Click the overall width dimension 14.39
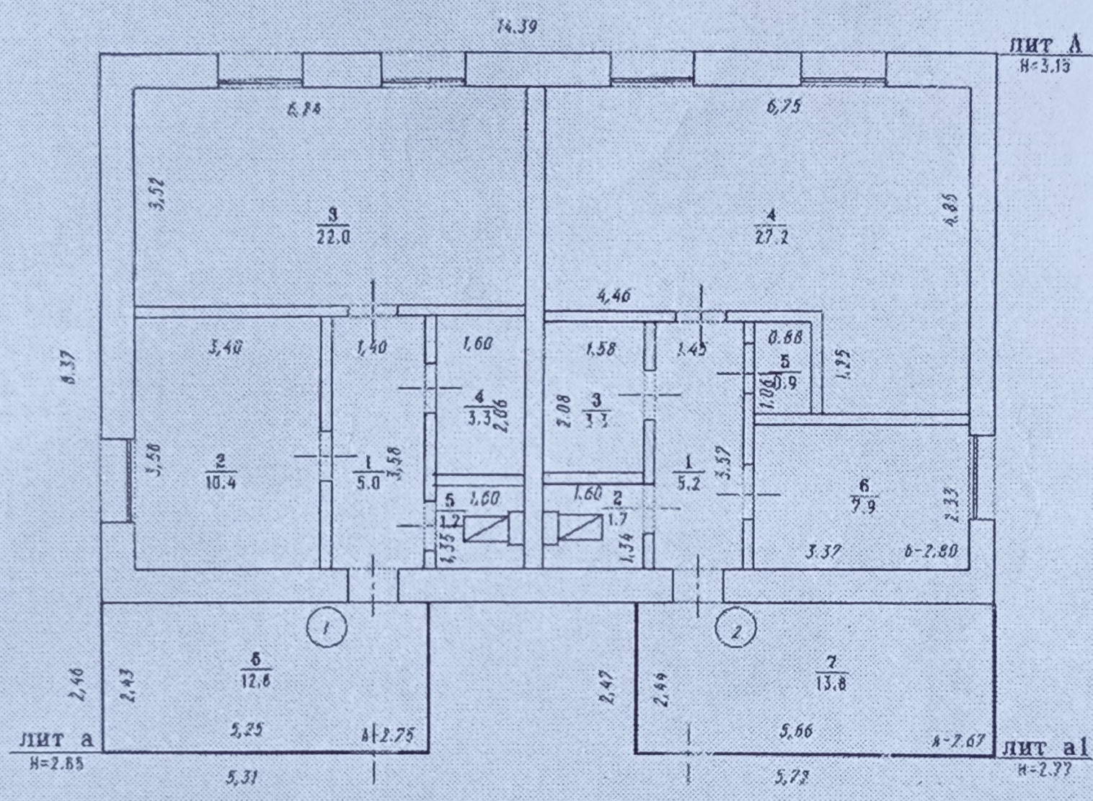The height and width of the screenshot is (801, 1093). coord(517,28)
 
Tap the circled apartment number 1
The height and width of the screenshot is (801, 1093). coord(326,627)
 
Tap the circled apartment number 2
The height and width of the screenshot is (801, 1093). coord(735,630)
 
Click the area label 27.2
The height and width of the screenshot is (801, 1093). coord(771,236)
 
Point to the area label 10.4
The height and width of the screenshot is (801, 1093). coord(221,482)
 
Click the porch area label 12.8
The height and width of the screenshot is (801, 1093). coord(256,679)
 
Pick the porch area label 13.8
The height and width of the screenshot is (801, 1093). coord(831,683)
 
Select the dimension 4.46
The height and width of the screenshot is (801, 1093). coord(614,295)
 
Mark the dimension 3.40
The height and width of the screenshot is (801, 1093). coord(225,348)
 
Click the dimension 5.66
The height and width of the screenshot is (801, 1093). coord(796,731)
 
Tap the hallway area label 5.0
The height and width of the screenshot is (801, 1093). coord(368,482)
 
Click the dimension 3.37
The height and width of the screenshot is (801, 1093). coord(823,552)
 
